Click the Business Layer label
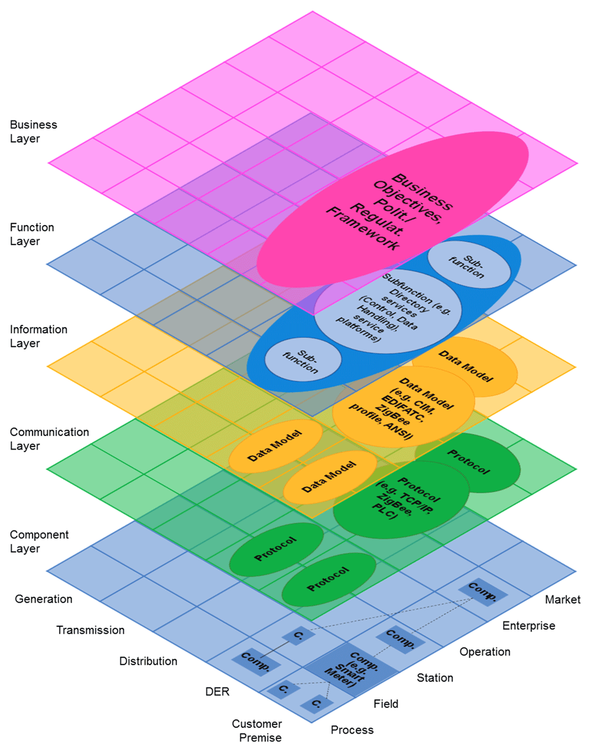[x=33, y=132]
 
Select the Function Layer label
[x=32, y=235]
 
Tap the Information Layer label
[x=38, y=336]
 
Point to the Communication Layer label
[x=49, y=439]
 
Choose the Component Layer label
[x=39, y=542]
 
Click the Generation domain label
[x=44, y=599]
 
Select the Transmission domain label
[x=90, y=630]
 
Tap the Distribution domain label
[x=148, y=662]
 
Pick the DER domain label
[x=217, y=692]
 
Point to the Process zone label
[x=352, y=730]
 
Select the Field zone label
[x=386, y=704]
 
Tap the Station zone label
[x=435, y=678]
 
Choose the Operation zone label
[x=485, y=652]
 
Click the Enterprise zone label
[x=529, y=626]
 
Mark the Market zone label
[x=563, y=600]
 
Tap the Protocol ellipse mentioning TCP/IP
[x=401, y=499]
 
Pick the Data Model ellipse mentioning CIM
[x=403, y=407]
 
